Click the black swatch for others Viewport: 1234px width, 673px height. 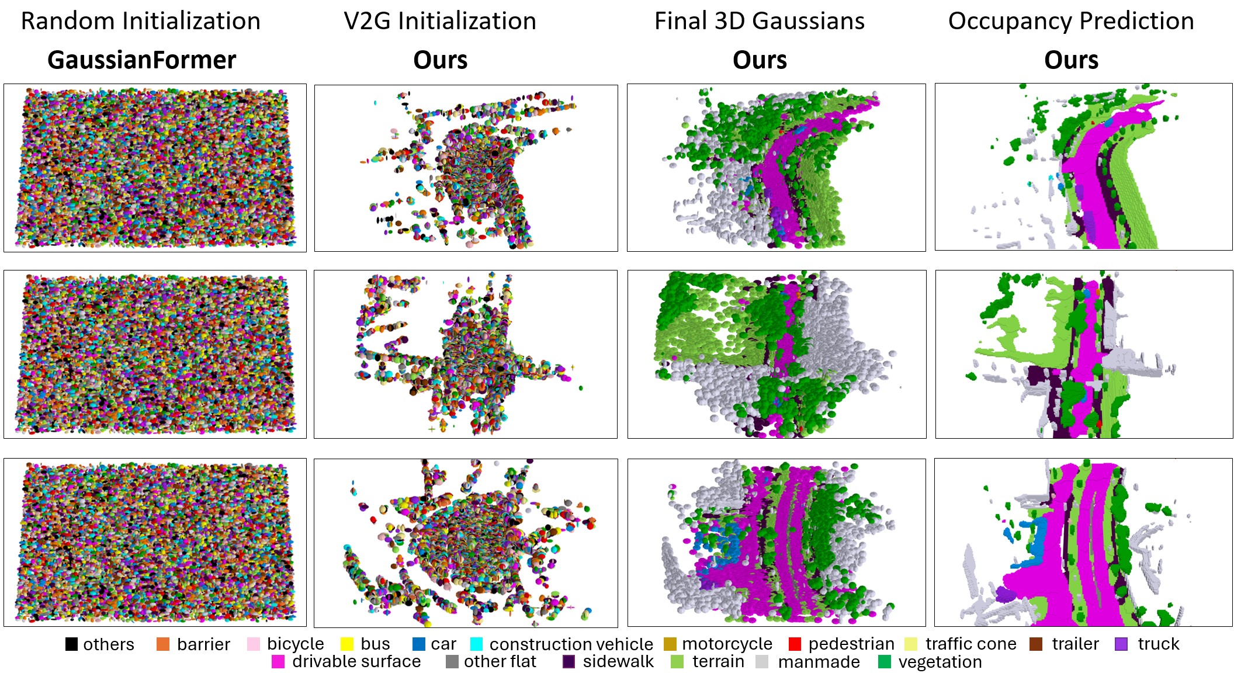pyautogui.click(x=71, y=644)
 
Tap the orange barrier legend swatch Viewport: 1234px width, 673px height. pyautogui.click(x=163, y=644)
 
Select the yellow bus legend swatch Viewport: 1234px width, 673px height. pyautogui.click(x=347, y=644)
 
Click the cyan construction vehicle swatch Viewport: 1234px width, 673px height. pyautogui.click(x=476, y=644)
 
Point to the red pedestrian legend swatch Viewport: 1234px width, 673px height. pyautogui.click(x=795, y=644)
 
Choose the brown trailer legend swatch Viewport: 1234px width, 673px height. pyautogui.click(x=1036, y=644)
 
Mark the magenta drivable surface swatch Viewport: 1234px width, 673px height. pyautogui.click(x=278, y=661)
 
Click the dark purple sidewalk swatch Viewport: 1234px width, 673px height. pyautogui.click(x=569, y=661)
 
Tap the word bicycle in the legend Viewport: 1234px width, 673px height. pyautogui.click(x=295, y=644)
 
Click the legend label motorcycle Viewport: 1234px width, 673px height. pyautogui.click(x=727, y=644)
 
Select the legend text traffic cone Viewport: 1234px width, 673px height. pyautogui.click(x=970, y=644)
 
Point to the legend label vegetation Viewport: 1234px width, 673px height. pyautogui.click(x=940, y=662)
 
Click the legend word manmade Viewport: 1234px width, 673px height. pyautogui.click(x=819, y=662)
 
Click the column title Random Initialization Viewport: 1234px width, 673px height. pyautogui.click(x=141, y=21)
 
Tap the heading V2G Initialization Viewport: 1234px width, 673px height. pyautogui.click(x=440, y=21)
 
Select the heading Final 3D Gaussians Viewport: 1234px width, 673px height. pyautogui.click(x=759, y=21)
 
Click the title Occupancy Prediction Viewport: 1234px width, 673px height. pyautogui.click(x=1070, y=21)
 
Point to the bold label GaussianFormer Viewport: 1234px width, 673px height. pyautogui.click(x=142, y=60)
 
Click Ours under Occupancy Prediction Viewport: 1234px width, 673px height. pyautogui.click(x=1071, y=60)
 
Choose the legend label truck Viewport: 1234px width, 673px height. pyautogui.click(x=1158, y=644)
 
